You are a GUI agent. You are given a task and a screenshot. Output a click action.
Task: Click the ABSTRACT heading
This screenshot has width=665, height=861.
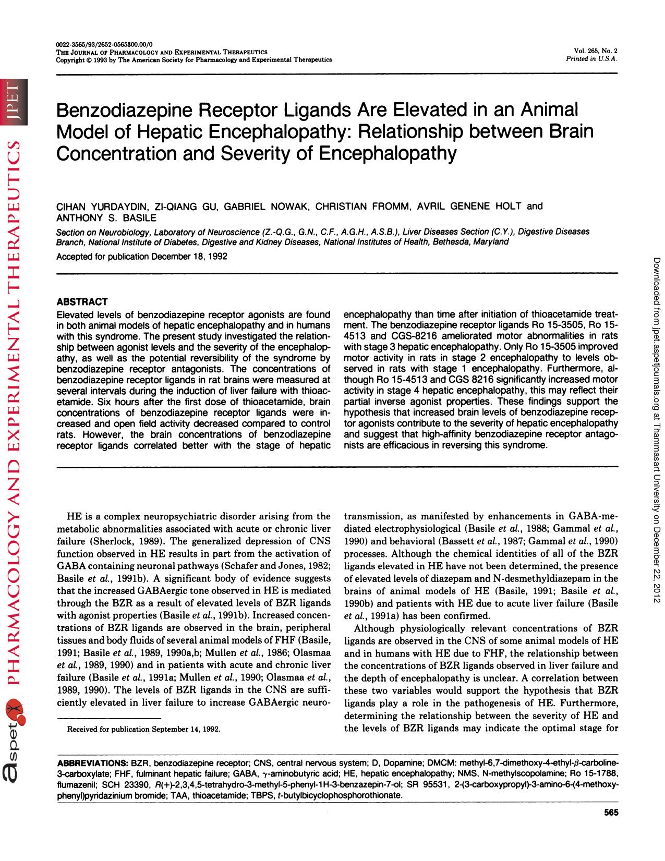pyautogui.click(x=82, y=302)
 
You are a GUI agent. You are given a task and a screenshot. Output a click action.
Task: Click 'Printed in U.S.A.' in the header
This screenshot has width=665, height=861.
pyautogui.click(x=591, y=59)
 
